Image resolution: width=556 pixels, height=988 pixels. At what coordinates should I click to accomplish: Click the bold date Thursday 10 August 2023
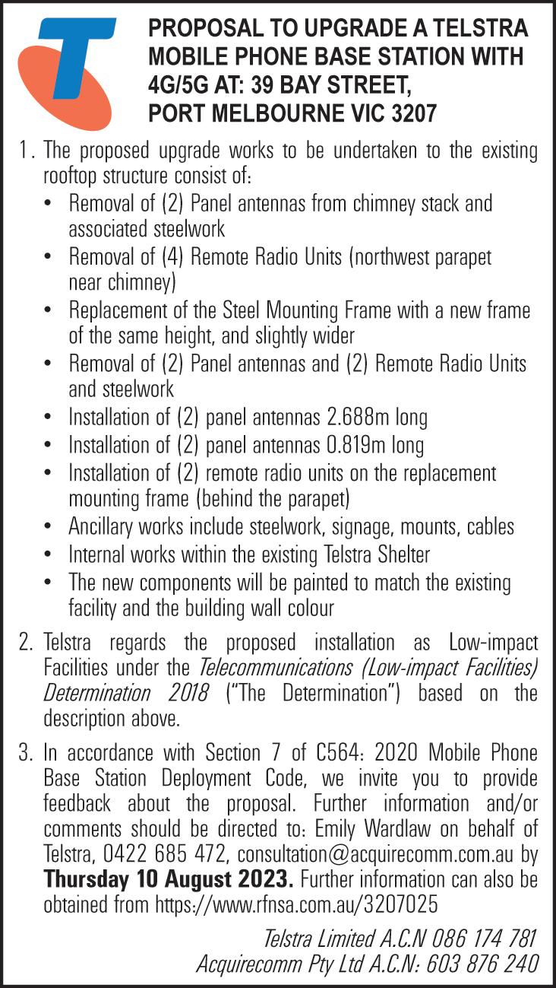169,881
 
